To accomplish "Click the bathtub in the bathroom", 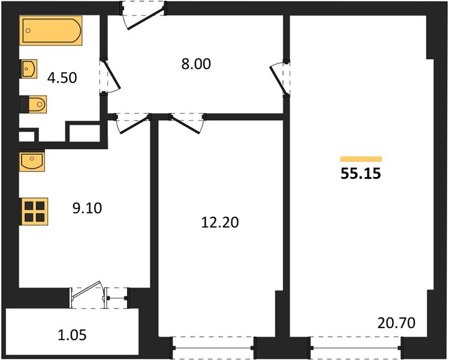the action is (51, 31).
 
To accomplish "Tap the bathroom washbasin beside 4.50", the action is (29, 69).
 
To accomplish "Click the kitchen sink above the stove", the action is (32, 161).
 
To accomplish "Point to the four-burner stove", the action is (34, 212).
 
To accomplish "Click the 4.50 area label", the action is (62, 78).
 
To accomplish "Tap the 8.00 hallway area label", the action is (196, 64).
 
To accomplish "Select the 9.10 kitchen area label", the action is (87, 208).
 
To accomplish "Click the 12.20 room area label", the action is (220, 223).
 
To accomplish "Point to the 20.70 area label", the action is (396, 323).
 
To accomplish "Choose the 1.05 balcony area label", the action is (72, 335).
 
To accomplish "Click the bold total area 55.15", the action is (361, 173).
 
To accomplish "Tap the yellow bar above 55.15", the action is (361, 159).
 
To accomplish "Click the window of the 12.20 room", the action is (213, 348).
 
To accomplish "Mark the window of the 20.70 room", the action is (356, 348).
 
